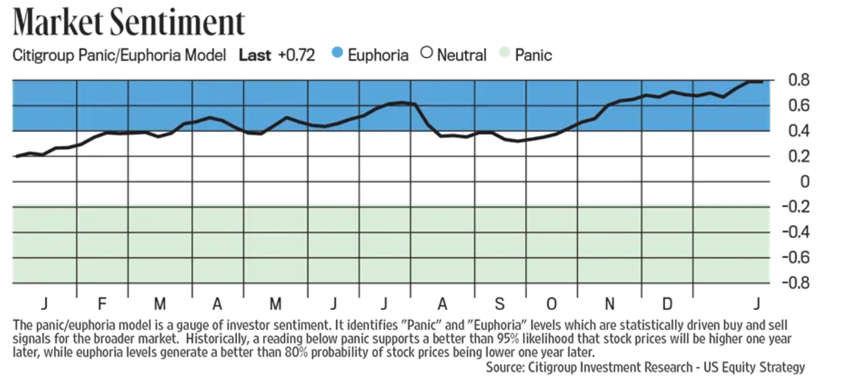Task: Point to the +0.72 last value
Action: [x=296, y=55]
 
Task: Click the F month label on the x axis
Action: [x=102, y=304]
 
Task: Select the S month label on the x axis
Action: [x=500, y=304]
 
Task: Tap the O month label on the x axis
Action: [x=552, y=304]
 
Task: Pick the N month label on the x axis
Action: [x=610, y=304]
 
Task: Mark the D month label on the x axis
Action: [x=667, y=304]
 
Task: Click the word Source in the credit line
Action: [x=504, y=367]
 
